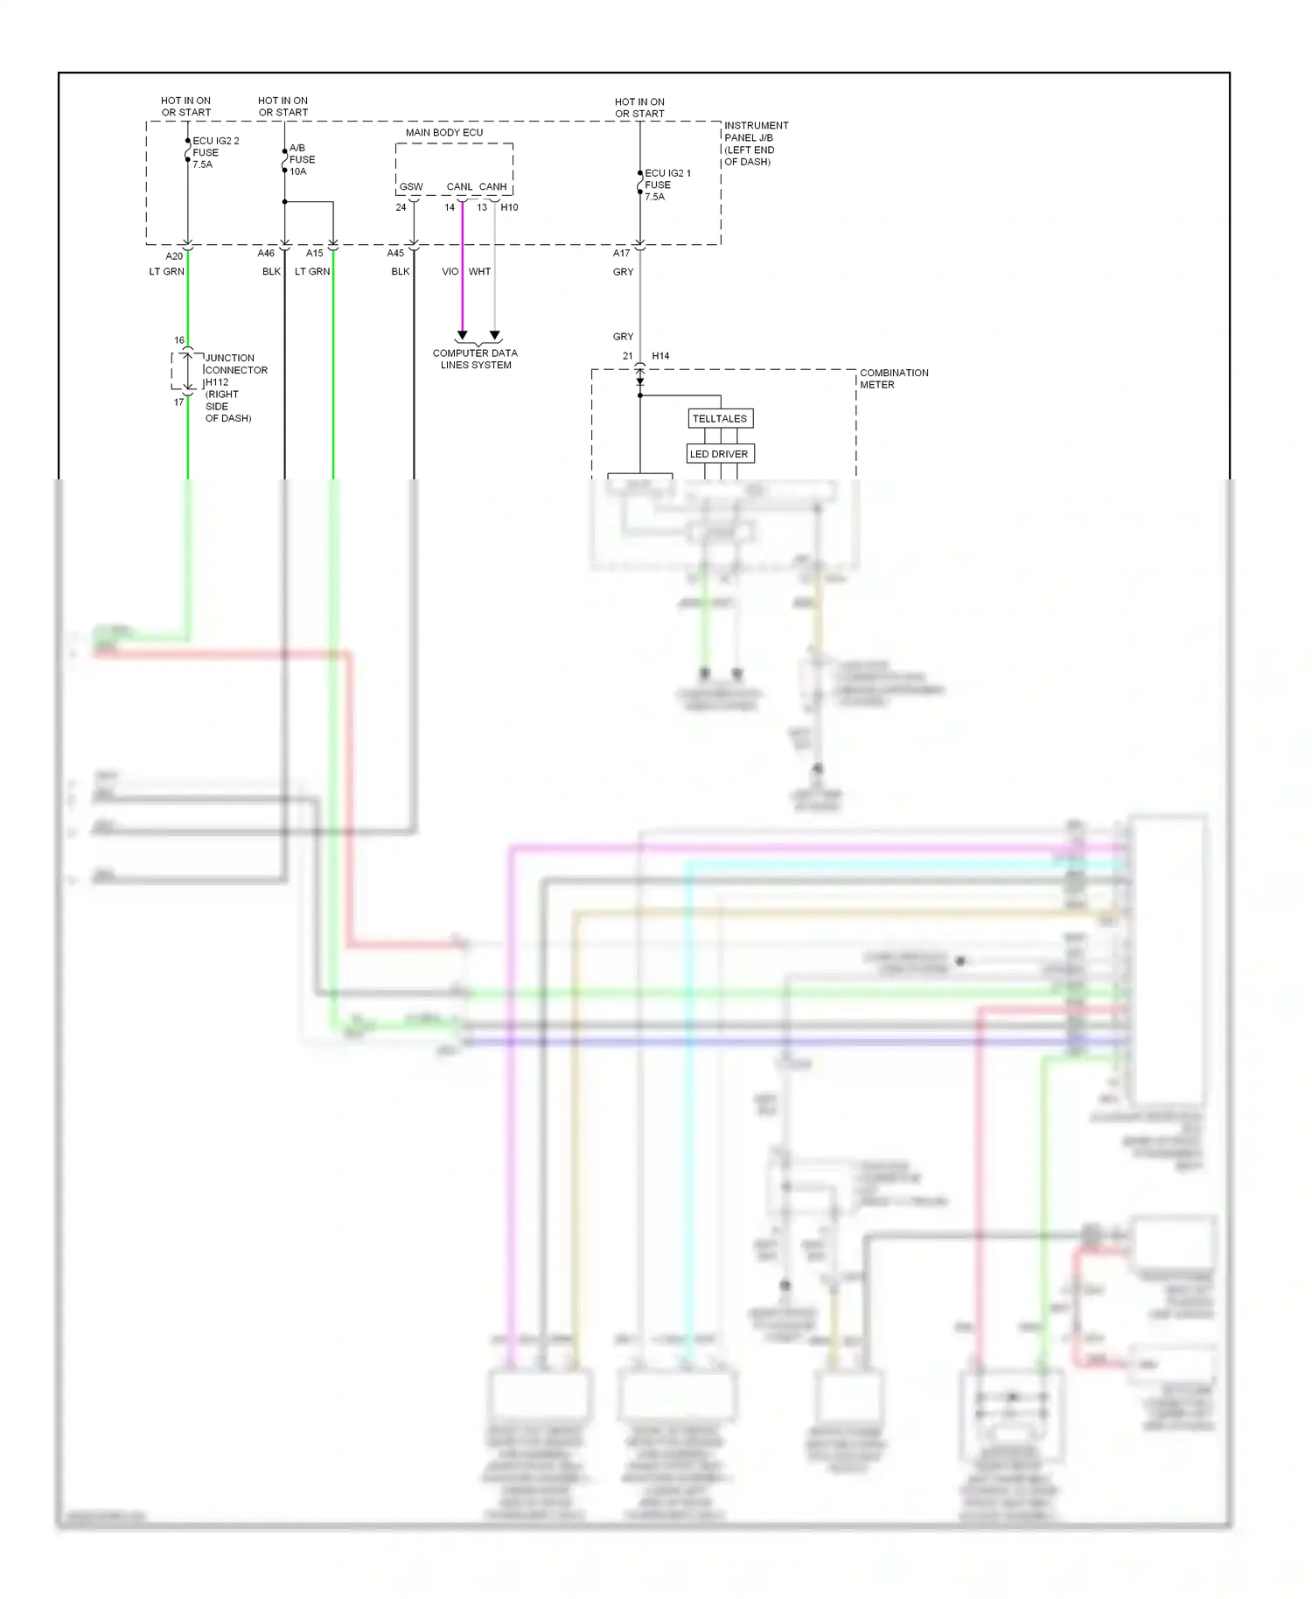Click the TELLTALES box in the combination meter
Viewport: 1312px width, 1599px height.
(720, 418)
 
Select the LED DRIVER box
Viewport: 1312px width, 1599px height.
(719, 454)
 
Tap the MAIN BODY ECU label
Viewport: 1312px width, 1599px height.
(444, 132)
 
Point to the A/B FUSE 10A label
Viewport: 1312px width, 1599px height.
(302, 159)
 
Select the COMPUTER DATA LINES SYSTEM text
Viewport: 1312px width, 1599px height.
(475, 359)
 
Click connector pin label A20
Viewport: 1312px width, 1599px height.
(174, 255)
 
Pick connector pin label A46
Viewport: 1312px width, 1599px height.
(266, 253)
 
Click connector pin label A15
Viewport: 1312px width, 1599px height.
(314, 253)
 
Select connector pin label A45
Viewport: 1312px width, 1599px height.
(395, 253)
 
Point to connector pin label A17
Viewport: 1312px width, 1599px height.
(621, 253)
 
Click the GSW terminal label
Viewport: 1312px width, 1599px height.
(411, 187)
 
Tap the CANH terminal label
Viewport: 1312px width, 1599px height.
(492, 187)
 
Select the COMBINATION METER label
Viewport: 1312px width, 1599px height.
(893, 378)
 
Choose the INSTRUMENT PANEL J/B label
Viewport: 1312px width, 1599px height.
(755, 143)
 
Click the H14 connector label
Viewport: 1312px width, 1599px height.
(660, 356)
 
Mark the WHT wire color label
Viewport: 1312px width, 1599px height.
(479, 271)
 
